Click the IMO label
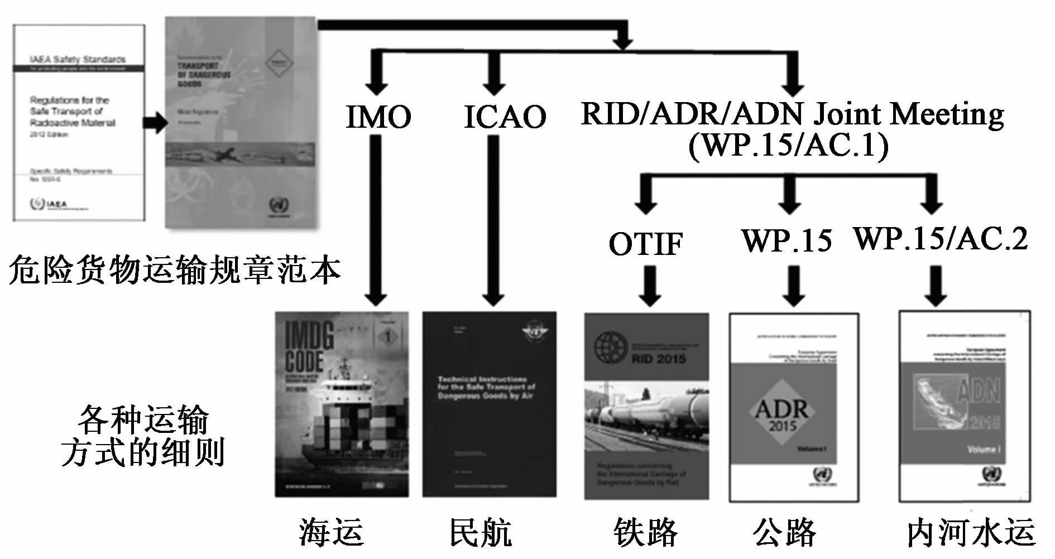[x=378, y=117]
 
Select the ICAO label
[x=504, y=117]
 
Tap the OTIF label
[x=645, y=244]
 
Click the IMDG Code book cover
[x=342, y=404]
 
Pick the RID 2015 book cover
[x=646, y=405]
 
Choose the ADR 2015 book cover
[x=793, y=407]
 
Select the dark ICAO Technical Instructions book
[x=489, y=404]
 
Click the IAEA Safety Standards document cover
[x=79, y=122]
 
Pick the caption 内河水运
[x=971, y=533]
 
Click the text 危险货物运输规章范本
[x=174, y=270]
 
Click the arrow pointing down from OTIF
[x=649, y=286]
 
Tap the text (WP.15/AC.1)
[x=788, y=146]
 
